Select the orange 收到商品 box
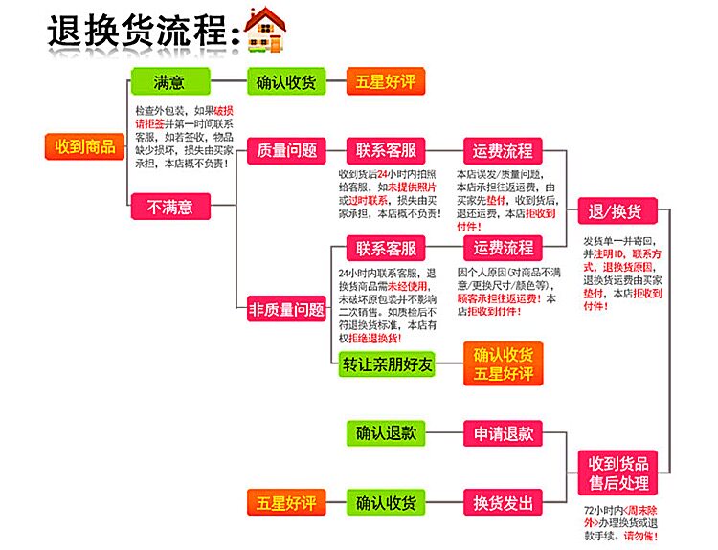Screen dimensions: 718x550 (85, 146)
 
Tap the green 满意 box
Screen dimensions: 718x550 (169, 81)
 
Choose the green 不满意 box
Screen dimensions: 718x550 (169, 206)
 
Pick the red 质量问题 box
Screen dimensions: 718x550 (287, 150)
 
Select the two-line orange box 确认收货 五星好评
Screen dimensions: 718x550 (503, 363)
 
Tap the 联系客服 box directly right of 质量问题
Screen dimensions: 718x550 (387, 150)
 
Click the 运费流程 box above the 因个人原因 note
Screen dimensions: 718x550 (503, 248)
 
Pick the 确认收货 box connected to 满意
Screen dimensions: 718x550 (287, 81)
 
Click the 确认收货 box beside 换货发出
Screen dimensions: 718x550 (387, 502)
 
